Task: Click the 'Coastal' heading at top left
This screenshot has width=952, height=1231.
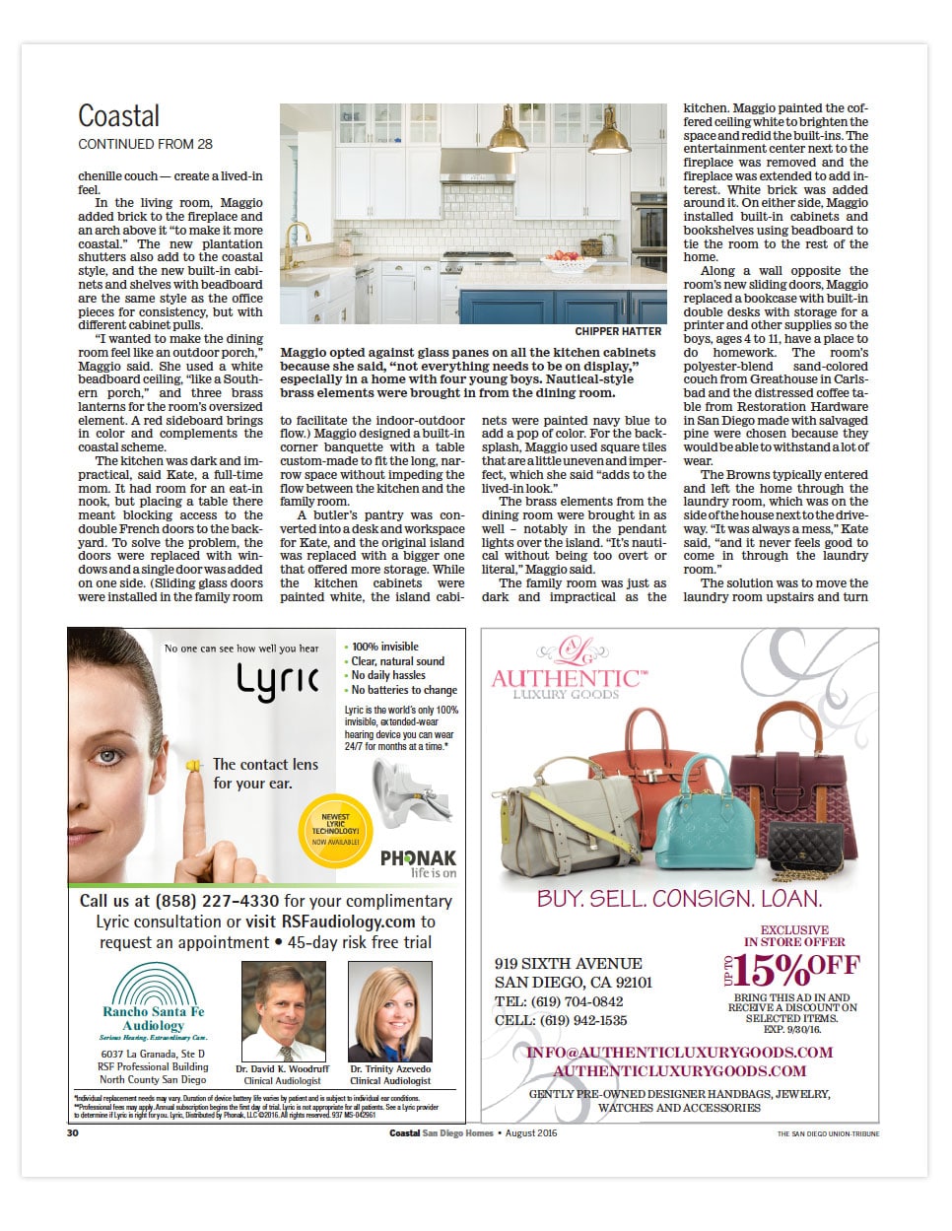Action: point(118,116)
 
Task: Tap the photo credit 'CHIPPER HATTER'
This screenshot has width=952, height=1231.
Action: point(618,332)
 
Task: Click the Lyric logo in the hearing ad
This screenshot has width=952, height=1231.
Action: point(277,681)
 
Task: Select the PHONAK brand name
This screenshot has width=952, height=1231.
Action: point(418,857)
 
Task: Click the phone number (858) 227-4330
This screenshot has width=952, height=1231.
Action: point(217,901)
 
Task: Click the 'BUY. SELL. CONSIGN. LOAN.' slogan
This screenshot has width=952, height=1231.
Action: point(679,899)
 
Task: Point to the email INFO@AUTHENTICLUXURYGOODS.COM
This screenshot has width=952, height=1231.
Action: point(679,1053)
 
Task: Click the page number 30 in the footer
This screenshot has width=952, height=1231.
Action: point(73,1133)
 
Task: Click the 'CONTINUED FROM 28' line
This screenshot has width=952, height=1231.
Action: point(145,144)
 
